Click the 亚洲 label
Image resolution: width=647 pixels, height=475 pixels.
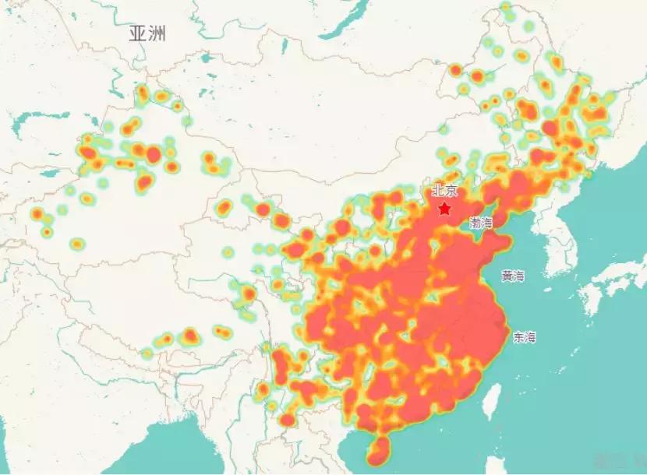tap(148, 33)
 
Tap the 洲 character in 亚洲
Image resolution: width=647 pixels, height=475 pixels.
tap(157, 33)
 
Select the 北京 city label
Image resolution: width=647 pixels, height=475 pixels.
tap(444, 191)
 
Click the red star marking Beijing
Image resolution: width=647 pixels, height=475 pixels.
tap(444, 209)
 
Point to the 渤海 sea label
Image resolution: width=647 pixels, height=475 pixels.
tap(481, 223)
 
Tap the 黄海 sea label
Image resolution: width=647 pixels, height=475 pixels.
tap(513, 276)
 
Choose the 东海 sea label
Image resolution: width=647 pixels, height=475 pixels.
tap(524, 337)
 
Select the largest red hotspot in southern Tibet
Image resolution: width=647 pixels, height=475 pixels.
tap(189, 336)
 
